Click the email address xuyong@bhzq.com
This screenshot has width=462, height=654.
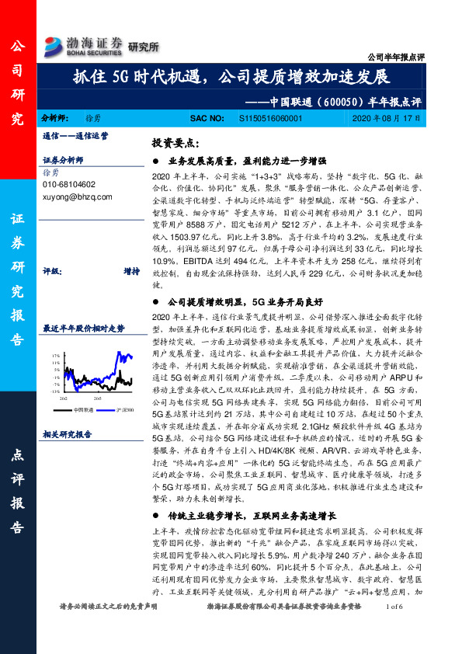(78, 198)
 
